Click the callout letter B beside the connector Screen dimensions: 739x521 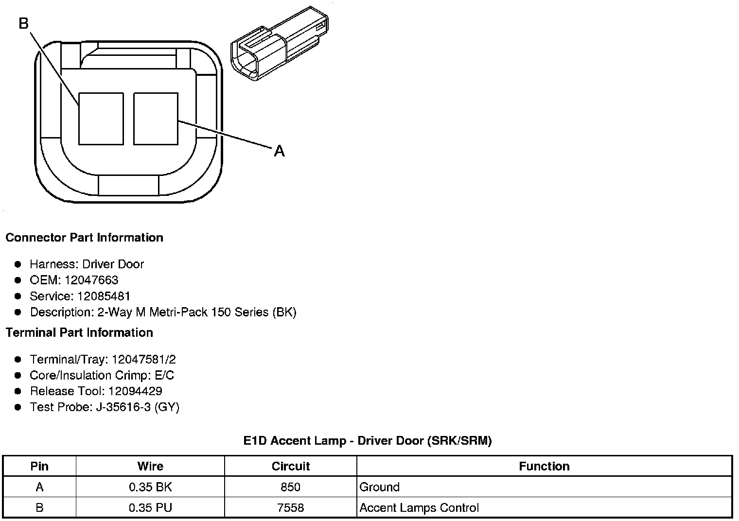point(24,23)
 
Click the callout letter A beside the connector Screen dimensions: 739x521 point(279,151)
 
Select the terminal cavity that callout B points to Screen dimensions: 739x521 point(101,119)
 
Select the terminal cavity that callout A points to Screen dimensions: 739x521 point(156,119)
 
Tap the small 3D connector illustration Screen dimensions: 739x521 point(280,44)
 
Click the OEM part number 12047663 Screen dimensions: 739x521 point(91,280)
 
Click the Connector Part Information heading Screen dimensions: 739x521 point(85,238)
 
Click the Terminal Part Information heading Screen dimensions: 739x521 point(80,332)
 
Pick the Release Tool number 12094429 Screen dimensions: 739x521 point(135,391)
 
